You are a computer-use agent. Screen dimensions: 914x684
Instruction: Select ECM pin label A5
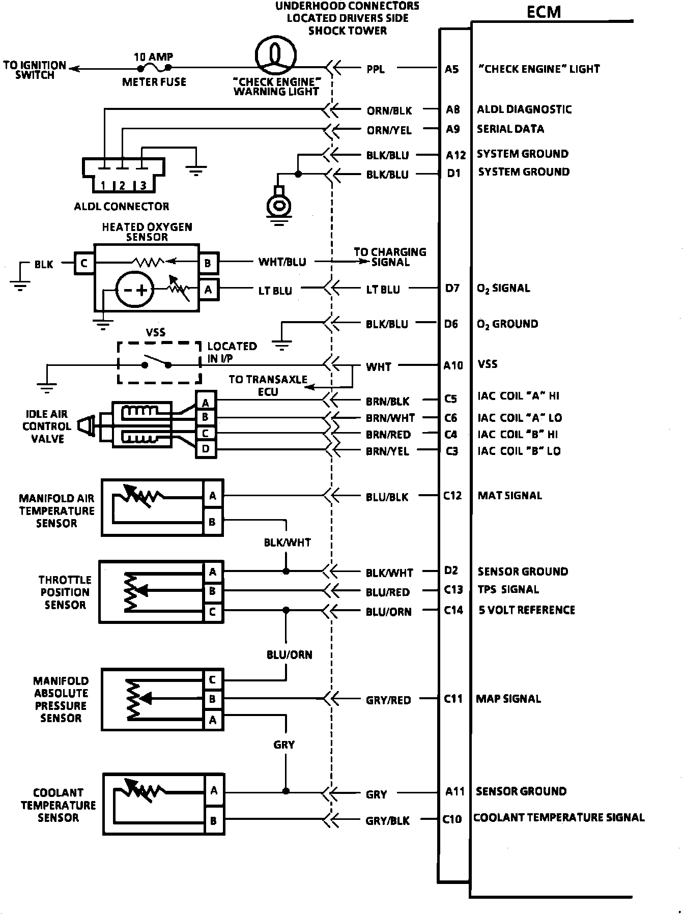452,69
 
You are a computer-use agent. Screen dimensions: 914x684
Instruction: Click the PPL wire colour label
376,69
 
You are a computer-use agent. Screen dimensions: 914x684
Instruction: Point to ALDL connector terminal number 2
122,186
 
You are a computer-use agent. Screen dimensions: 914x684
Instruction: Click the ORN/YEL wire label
389,130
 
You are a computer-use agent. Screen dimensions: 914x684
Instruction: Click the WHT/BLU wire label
282,262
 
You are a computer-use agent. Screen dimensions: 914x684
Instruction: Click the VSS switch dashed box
159,363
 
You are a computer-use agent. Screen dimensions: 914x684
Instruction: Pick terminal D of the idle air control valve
206,449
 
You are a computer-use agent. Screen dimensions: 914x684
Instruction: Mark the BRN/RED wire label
388,435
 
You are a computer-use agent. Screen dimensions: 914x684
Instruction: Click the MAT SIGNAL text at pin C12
509,495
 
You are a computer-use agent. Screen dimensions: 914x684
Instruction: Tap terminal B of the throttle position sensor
213,591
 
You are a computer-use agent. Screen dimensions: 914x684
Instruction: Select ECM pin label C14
453,610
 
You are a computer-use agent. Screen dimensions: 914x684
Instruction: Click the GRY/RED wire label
388,700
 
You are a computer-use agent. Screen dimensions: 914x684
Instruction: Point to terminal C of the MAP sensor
213,680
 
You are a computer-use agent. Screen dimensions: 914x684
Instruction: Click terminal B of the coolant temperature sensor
214,821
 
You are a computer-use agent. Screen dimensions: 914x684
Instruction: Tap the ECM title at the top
544,12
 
